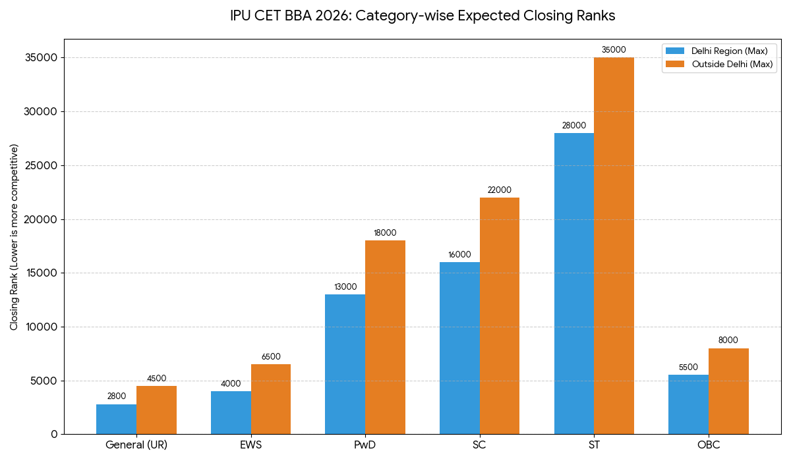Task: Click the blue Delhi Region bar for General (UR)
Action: coord(116,419)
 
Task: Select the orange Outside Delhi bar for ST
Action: coord(614,246)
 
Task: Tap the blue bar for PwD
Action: coord(345,364)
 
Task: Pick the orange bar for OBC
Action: coord(728,391)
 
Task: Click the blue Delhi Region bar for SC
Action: coord(459,348)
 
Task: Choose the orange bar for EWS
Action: coord(270,399)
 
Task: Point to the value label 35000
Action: coord(614,50)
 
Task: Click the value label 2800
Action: coord(116,396)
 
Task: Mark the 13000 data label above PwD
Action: coord(345,287)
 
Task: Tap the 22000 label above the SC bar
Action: coord(499,190)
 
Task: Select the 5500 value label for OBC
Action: coord(688,367)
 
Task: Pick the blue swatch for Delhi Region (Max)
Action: coord(676,51)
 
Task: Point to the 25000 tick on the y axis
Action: coord(41,165)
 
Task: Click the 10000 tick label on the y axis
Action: coord(41,327)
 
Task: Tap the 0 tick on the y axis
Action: coord(54,435)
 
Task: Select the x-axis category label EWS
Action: coord(250,445)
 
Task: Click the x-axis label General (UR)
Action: coord(136,445)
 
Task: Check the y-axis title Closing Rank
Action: coord(15,236)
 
